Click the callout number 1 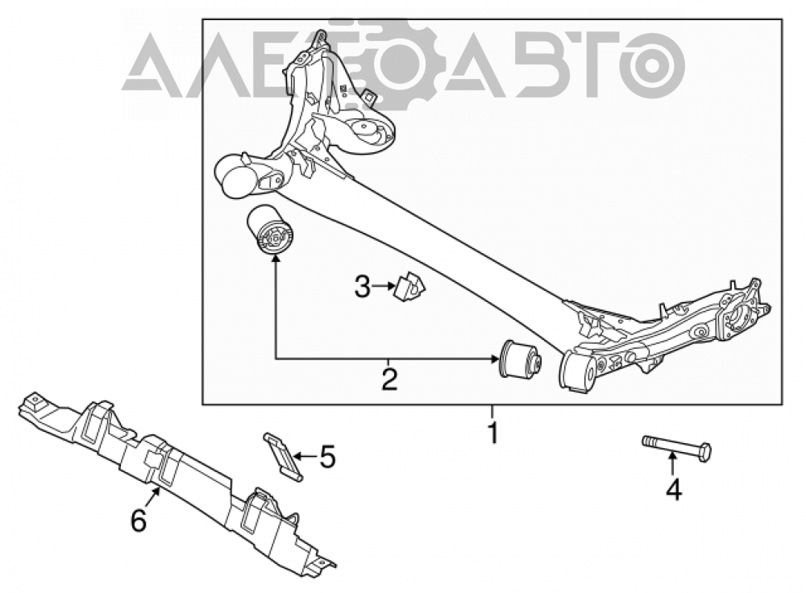tap(492, 433)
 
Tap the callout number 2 tap(389, 379)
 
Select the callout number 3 tap(363, 287)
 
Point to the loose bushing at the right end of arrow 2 tap(520, 359)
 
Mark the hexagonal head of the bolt tap(704, 450)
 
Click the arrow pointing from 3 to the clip tap(384, 286)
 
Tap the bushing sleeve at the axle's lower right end tap(578, 371)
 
